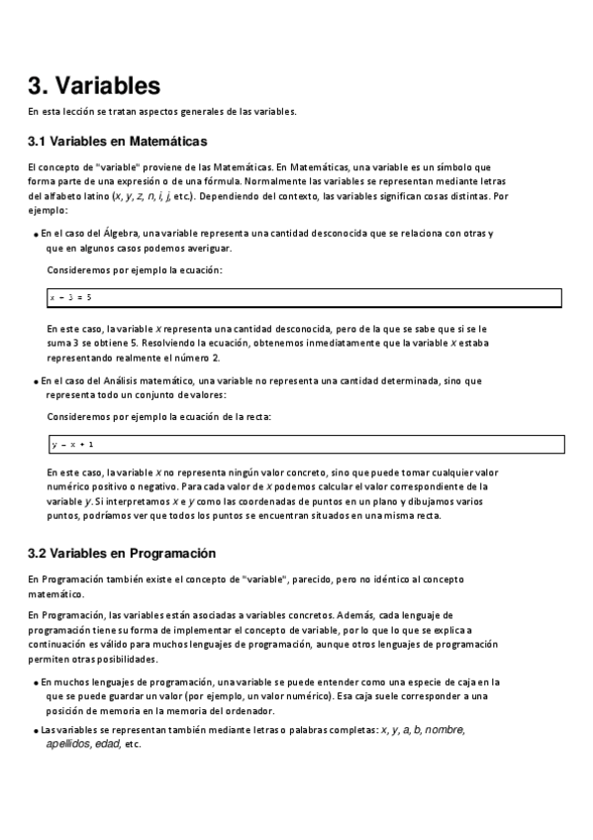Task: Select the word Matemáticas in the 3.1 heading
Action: [x=164, y=142]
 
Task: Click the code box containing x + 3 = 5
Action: [x=305, y=297]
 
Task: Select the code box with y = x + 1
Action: [x=305, y=444]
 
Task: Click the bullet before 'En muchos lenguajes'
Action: [x=36, y=682]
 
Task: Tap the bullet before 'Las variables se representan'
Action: [x=36, y=731]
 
